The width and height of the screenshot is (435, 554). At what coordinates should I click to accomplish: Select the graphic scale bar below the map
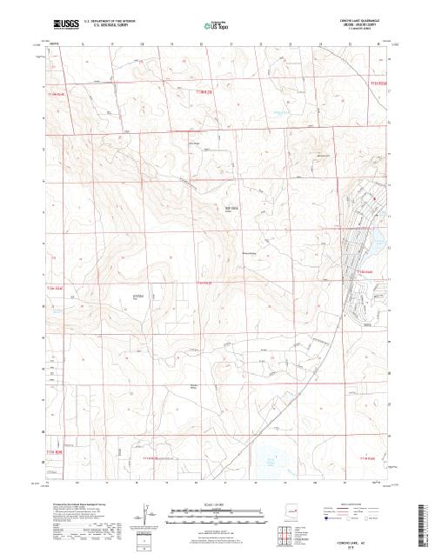pyautogui.click(x=204, y=517)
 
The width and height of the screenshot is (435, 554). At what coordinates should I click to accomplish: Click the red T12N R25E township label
pyautogui.click(x=203, y=283)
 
